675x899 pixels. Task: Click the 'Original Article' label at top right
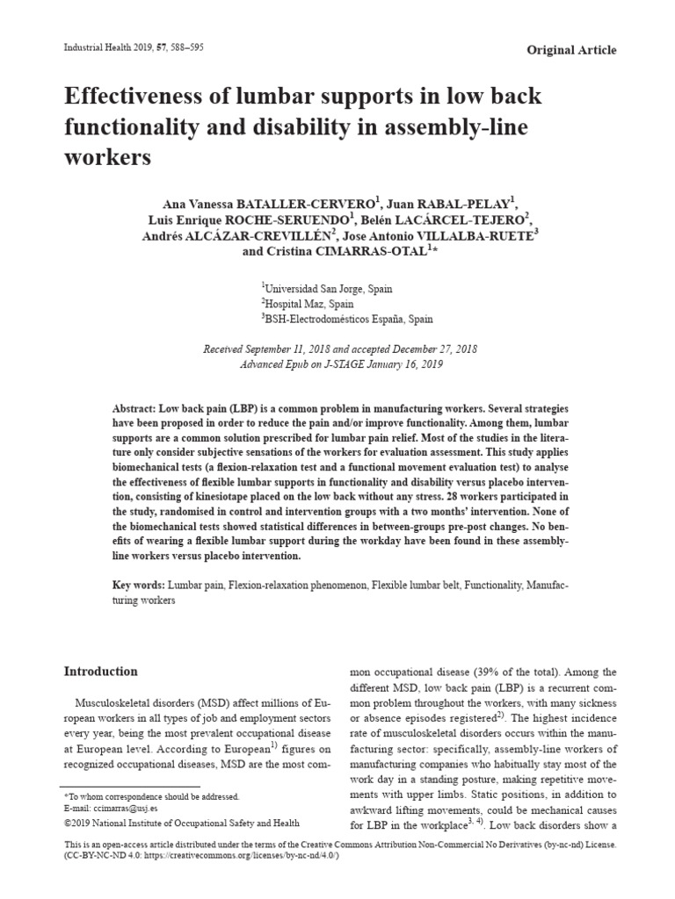pyautogui.click(x=570, y=50)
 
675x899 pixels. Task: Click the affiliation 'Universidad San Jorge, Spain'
pyautogui.click(x=329, y=288)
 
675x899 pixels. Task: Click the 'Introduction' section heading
pyautogui.click(x=101, y=672)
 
